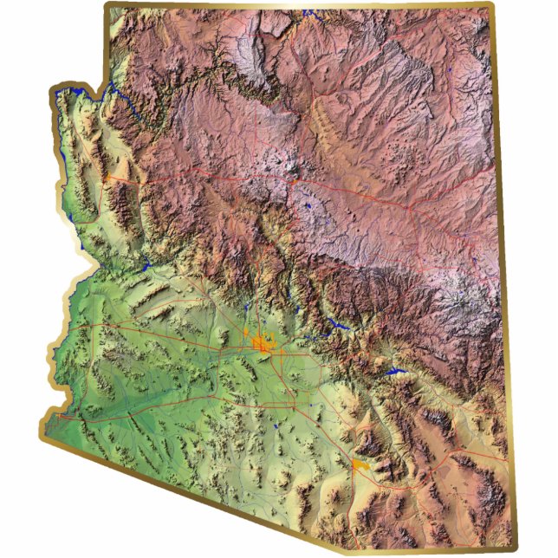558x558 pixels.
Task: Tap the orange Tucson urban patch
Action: [363, 465]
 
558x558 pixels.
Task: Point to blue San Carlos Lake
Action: [398, 372]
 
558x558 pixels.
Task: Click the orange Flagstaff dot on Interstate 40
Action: [295, 183]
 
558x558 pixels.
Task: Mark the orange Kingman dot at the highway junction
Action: [111, 178]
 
